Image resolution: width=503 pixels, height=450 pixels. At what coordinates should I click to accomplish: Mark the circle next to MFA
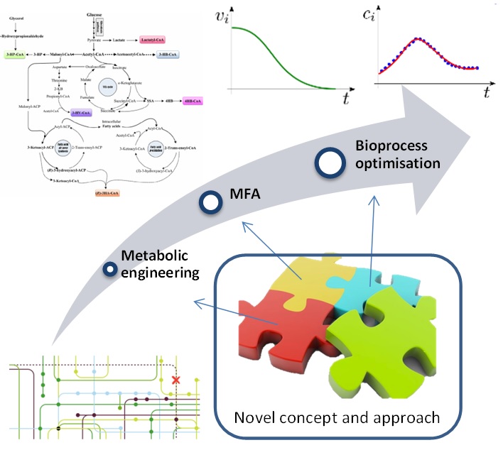210,203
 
